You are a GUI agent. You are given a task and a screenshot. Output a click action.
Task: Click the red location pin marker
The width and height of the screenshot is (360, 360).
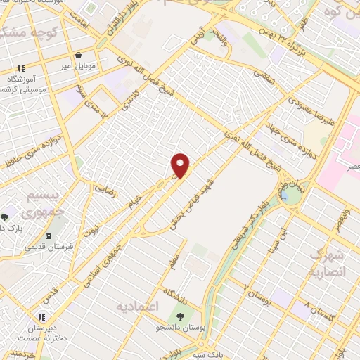[x=181, y=166]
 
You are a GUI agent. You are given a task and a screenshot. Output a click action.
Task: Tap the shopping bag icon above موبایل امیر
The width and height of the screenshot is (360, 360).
[x=78, y=54]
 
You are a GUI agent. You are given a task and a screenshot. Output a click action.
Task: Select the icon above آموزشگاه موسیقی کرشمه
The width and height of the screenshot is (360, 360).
[x=21, y=69]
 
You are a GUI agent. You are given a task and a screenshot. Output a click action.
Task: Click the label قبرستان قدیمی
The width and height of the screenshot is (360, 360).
[x=48, y=247]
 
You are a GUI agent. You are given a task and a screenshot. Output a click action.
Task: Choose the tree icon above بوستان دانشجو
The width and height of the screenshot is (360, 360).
[x=181, y=316]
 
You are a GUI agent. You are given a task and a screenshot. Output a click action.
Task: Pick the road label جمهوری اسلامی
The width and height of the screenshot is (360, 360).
[x=107, y=258]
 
